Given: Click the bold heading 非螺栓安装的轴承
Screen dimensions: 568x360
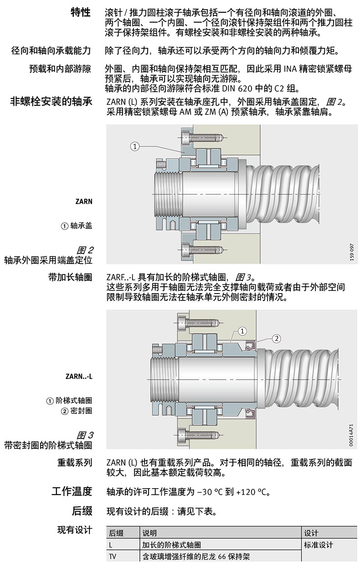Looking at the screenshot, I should click(x=51, y=101).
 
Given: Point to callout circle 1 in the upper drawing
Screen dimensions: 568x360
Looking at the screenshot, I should click(x=134, y=146).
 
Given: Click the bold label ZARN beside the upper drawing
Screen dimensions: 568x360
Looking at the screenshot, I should click(x=84, y=201).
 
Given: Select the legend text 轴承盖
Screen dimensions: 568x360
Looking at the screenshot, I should click(x=81, y=226).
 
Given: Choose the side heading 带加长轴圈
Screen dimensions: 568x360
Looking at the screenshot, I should click(x=70, y=277).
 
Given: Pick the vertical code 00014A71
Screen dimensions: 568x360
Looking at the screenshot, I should click(x=351, y=435).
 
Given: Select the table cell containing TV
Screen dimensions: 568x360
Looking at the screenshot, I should click(x=113, y=557).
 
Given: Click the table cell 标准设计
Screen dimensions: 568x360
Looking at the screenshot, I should click(x=319, y=545).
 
